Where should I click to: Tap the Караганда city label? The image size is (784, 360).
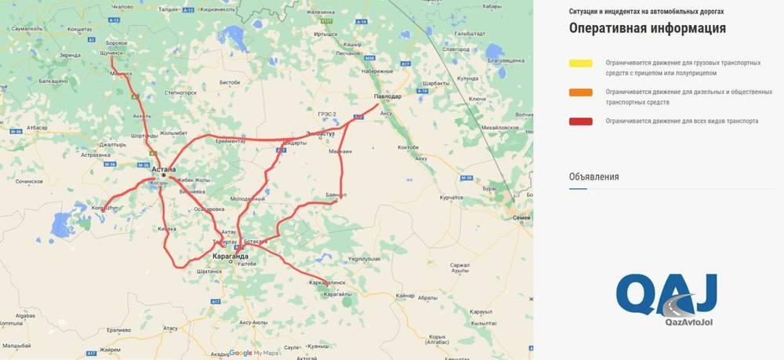coord(230,256)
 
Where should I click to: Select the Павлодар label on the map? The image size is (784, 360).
coord(387,96)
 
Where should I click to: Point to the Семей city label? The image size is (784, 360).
coord(521,217)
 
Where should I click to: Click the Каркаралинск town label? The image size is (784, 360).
coord(328,279)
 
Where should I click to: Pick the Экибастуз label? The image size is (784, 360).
coord(321,134)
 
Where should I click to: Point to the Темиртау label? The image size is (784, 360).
coord(225,242)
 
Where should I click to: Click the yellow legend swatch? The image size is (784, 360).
coord(581,63)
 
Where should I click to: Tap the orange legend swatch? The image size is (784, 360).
coord(581,93)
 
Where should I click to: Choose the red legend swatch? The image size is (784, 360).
coord(581,121)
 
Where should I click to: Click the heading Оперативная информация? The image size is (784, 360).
coord(647,29)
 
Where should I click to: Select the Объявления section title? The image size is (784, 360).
coord(594,176)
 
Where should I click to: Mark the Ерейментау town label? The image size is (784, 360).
coord(230,141)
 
